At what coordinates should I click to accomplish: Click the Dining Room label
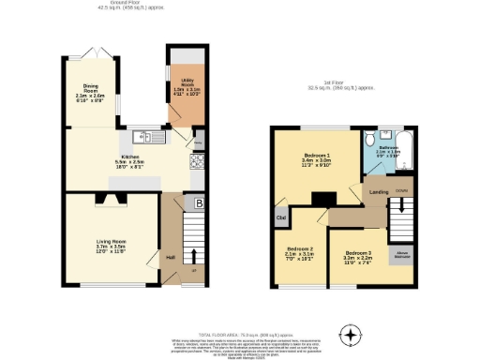click(x=87, y=89)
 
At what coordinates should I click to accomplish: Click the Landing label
click(x=380, y=193)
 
